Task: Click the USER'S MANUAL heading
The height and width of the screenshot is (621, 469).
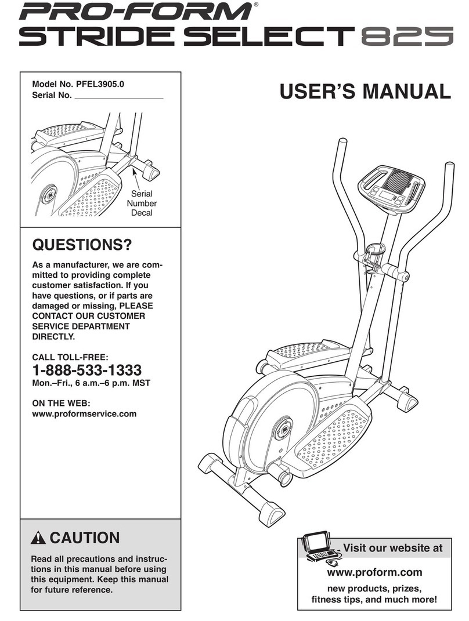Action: [x=364, y=92]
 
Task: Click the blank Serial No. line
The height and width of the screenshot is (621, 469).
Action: [x=120, y=96]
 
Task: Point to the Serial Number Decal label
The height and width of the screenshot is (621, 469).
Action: [x=142, y=204]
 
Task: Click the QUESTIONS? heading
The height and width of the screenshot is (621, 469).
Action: [x=81, y=245]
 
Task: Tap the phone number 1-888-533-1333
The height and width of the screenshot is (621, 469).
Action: [x=86, y=369]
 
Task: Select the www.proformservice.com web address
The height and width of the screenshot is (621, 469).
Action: [x=84, y=413]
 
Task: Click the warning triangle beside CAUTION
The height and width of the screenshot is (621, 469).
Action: [x=39, y=538]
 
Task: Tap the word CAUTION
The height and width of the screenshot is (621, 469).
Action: [x=85, y=538]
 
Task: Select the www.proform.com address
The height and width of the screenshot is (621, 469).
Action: [x=375, y=572]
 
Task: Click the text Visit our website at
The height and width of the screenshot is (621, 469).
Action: [x=392, y=548]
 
